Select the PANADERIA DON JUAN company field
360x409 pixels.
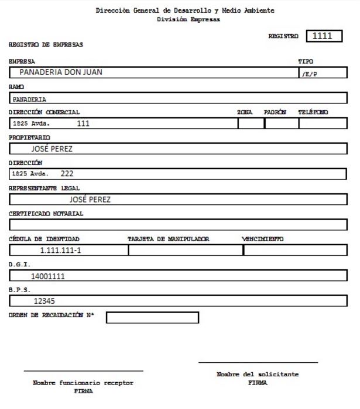152,73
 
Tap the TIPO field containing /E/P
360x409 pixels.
321,73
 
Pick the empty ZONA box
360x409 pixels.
250,123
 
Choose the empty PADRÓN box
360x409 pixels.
280,123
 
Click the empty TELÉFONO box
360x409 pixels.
323,123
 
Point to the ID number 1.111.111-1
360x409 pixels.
68,250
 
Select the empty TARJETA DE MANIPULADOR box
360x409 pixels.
185,250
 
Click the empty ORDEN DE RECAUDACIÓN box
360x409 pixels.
152,318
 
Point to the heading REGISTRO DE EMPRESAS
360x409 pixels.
46,44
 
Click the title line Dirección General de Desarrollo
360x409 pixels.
185,11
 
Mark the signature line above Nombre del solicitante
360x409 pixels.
258,363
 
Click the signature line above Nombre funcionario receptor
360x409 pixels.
83,371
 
